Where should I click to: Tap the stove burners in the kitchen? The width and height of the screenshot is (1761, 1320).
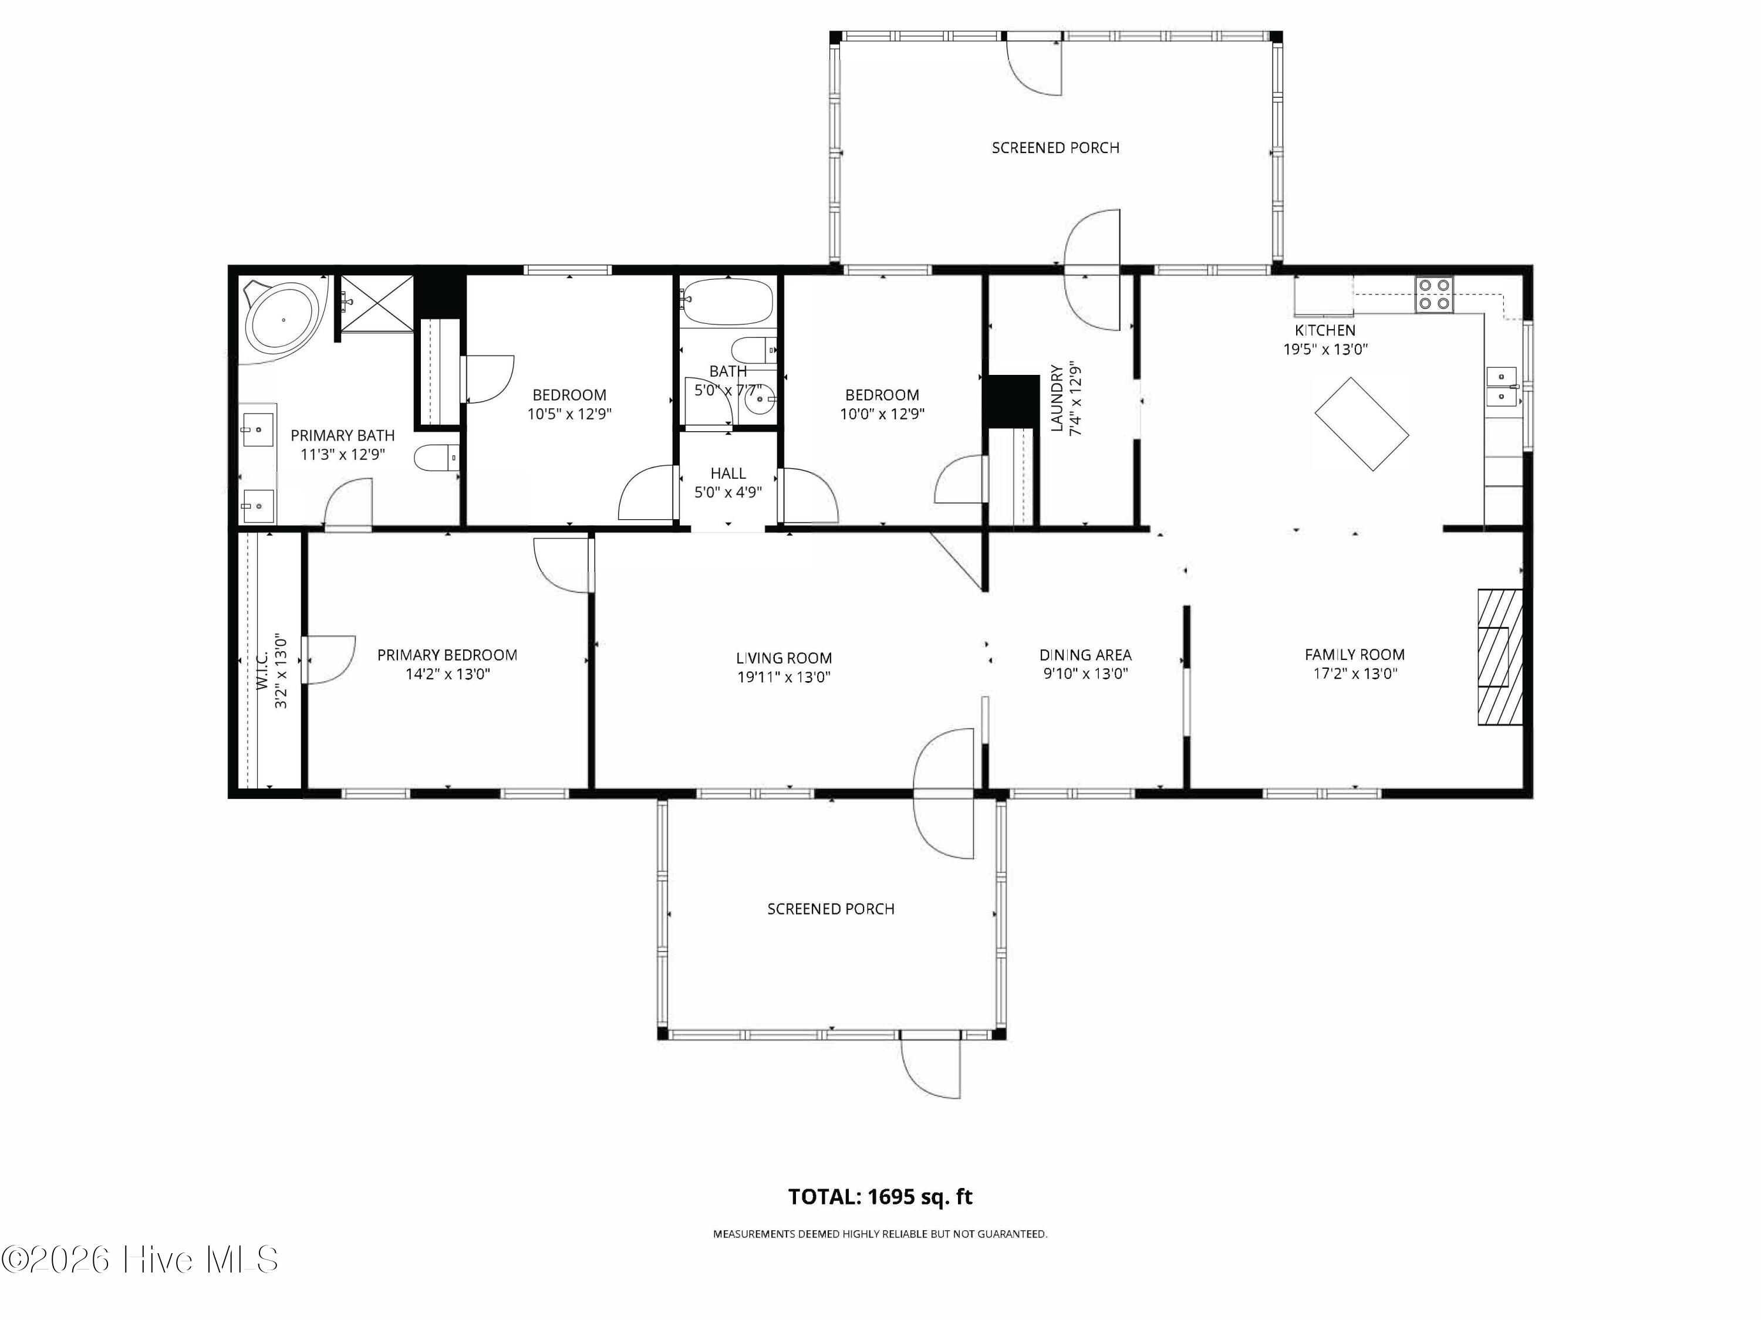(x=1434, y=293)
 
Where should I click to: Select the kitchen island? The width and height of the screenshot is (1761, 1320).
(x=1361, y=424)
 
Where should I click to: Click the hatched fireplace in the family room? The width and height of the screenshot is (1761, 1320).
(x=1500, y=656)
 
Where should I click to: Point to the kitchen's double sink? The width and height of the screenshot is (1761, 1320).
(x=1502, y=386)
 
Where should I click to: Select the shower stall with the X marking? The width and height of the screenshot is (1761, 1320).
(x=377, y=304)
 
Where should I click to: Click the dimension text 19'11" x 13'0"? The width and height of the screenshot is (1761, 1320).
(x=784, y=677)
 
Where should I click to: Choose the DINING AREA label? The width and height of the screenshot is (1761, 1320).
(x=1085, y=655)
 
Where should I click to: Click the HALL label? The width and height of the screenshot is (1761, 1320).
(x=728, y=473)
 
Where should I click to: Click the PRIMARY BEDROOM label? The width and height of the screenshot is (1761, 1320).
(x=447, y=655)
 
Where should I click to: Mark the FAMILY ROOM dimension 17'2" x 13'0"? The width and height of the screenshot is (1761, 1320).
(x=1355, y=674)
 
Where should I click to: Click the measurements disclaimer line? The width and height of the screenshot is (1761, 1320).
(x=880, y=1234)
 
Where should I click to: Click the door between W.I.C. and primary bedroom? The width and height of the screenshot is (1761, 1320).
(x=328, y=659)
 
